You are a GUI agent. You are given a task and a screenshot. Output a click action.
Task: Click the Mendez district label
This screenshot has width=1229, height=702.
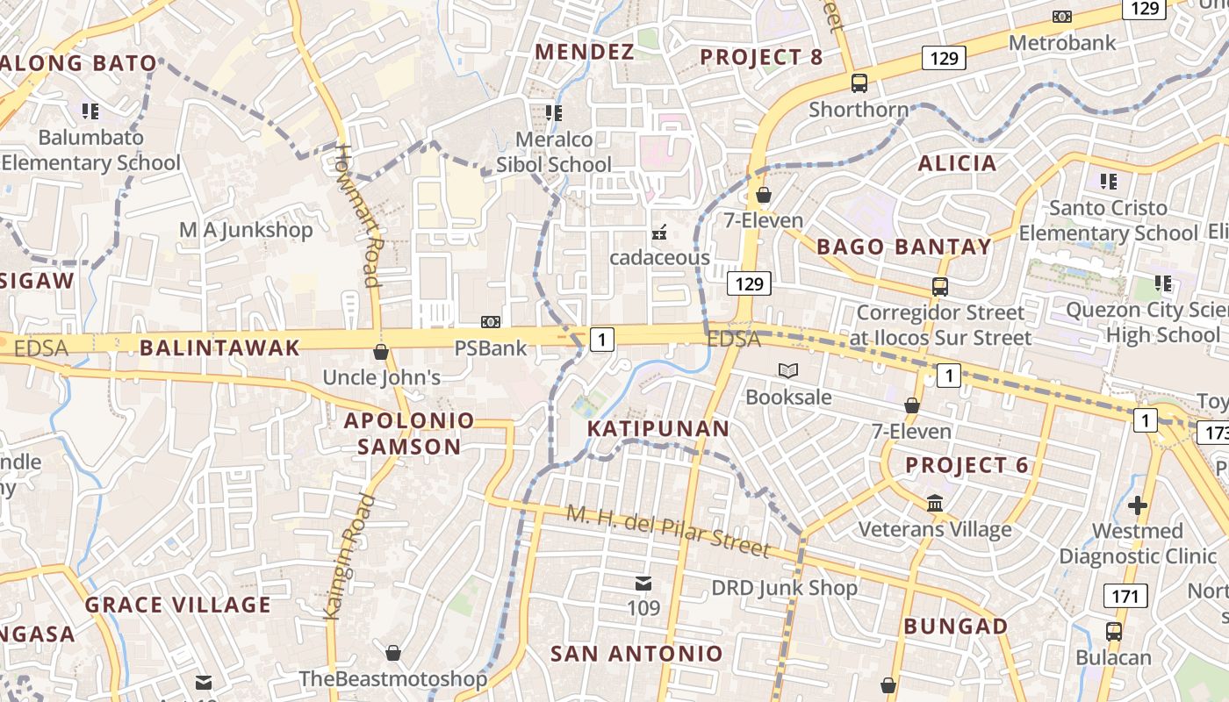[584, 52]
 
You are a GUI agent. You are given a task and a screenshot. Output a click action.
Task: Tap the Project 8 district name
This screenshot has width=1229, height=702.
[761, 58]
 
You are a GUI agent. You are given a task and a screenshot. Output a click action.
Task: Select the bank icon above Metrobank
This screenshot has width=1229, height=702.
[1062, 17]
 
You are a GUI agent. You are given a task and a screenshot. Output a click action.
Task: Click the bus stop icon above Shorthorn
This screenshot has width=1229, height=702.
[859, 83]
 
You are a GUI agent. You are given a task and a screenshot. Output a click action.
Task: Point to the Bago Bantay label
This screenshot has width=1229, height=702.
[903, 247]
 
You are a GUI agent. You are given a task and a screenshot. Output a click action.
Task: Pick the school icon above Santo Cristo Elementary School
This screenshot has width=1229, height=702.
[1108, 182]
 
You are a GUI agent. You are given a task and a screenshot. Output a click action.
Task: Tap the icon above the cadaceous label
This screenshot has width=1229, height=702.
[659, 233]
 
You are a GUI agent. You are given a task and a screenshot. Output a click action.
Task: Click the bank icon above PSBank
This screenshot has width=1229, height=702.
[491, 322]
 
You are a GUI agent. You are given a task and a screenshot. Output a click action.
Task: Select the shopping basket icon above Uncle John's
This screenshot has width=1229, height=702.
[381, 352]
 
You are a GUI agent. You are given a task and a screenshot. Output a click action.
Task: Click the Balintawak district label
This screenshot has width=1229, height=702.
[219, 347]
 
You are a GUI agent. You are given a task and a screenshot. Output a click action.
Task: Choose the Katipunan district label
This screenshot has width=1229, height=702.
[658, 428]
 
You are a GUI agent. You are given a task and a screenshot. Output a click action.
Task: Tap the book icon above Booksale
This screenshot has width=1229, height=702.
[787, 371]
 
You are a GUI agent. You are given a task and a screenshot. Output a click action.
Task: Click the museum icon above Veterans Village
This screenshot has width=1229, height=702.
[935, 504]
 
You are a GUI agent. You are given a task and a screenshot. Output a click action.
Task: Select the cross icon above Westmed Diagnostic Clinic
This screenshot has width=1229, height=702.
[1138, 505]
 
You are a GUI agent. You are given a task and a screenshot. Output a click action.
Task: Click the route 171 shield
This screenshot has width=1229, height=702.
[1125, 597]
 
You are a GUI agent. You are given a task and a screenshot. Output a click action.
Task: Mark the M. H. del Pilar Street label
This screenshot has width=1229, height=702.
[667, 530]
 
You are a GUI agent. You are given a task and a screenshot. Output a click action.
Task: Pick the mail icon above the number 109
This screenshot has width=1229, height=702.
[643, 584]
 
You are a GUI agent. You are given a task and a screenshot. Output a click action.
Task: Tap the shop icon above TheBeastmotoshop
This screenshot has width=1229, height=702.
[393, 653]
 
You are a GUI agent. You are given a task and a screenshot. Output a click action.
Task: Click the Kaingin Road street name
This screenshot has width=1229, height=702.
[349, 557]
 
